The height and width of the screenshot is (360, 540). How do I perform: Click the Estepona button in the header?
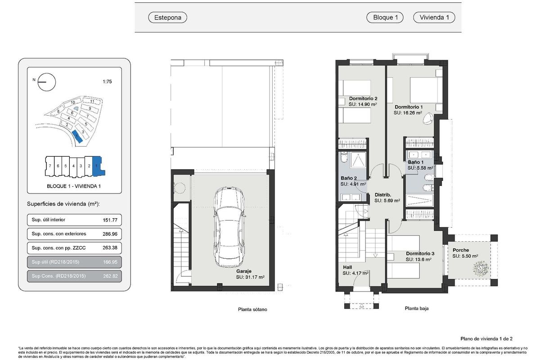point(167,18)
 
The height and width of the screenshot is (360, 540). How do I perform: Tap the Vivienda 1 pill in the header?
point(434,18)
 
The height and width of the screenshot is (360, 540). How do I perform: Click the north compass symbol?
point(47,82)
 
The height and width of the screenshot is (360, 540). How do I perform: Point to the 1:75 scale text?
point(108,82)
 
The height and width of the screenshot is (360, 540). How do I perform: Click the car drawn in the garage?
point(230,228)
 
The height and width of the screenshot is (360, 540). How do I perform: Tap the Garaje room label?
point(243,272)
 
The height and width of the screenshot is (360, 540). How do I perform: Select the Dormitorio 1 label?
point(409,107)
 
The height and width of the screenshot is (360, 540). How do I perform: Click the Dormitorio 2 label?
point(363,99)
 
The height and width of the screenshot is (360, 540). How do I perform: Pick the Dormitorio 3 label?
point(419,253)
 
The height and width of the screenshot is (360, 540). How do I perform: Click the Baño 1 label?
point(416,162)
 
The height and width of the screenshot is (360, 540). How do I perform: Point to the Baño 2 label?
point(349,178)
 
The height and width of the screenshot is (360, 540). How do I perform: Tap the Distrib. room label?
point(383,195)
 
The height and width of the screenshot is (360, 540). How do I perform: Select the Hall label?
point(348,267)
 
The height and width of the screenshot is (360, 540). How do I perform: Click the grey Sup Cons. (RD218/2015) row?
point(74,276)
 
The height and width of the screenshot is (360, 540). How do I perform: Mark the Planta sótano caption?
point(252,310)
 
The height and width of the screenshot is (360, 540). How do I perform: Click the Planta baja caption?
point(417,309)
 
